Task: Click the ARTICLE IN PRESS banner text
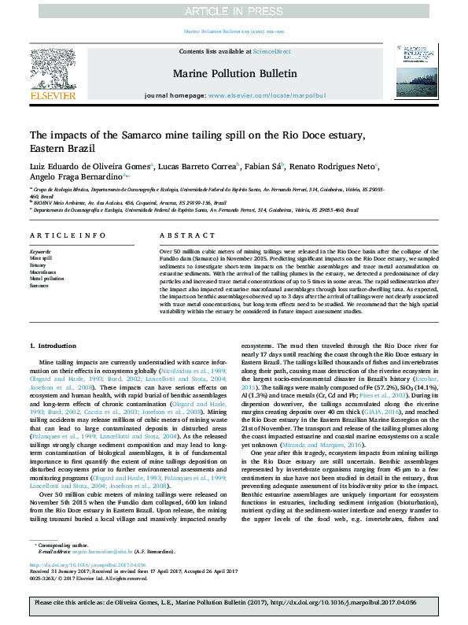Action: (233, 11)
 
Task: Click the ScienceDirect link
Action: (272, 51)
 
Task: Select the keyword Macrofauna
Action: (42, 272)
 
